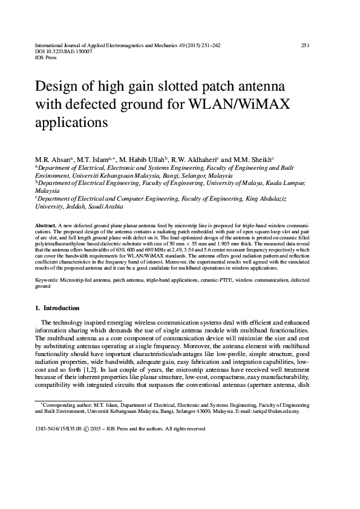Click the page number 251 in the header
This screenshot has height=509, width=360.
305,45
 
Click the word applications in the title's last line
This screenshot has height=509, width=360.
71,122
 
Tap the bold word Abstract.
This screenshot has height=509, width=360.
47,224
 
